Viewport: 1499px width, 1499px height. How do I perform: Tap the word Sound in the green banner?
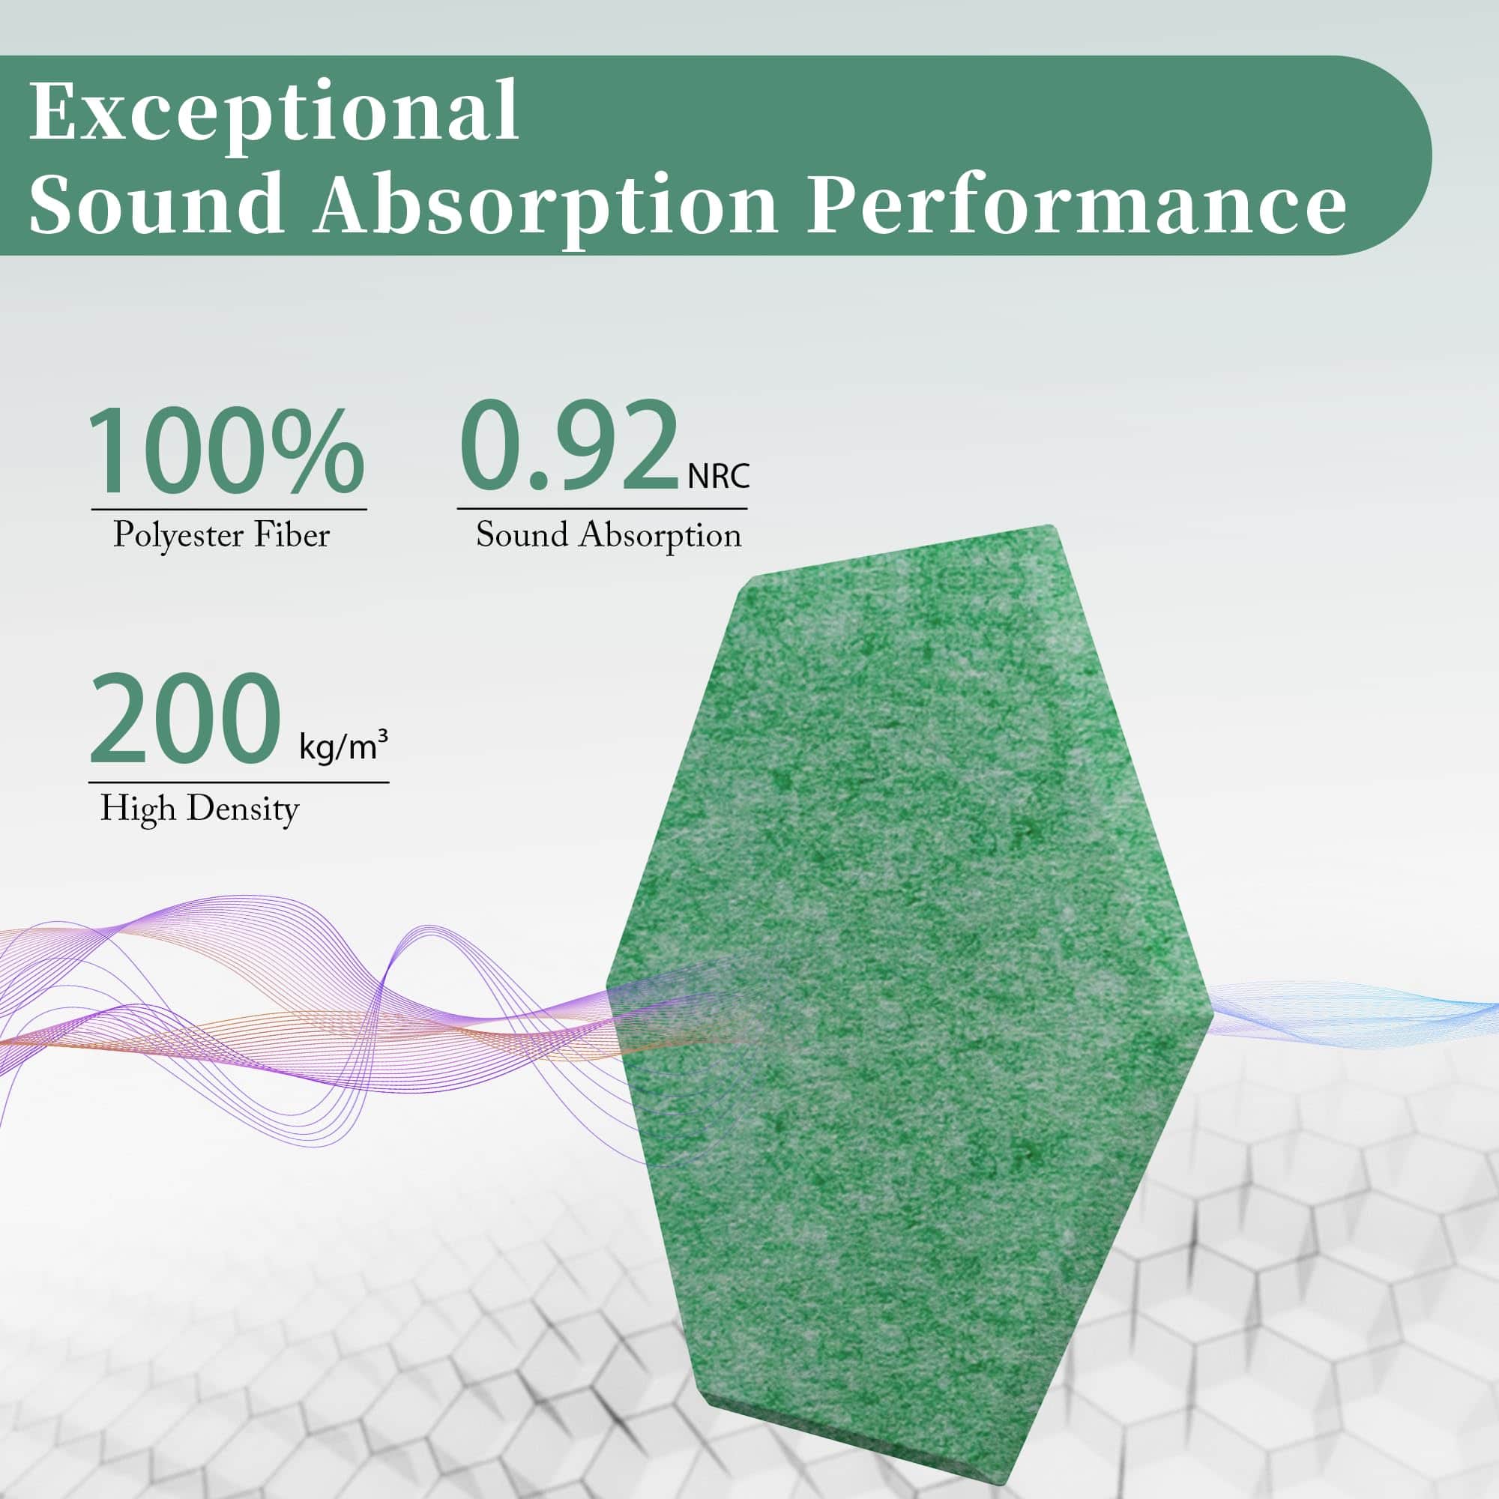click(x=157, y=203)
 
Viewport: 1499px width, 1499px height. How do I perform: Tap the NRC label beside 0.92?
click(x=719, y=476)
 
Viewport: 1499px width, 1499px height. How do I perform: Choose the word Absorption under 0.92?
click(x=660, y=536)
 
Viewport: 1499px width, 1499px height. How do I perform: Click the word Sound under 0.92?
click(x=522, y=534)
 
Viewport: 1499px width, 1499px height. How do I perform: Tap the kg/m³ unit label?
click(x=343, y=746)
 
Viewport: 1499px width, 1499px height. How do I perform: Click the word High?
click(x=138, y=809)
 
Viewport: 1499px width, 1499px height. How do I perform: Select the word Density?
click(x=243, y=809)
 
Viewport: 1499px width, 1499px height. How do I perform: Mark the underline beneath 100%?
click(x=229, y=510)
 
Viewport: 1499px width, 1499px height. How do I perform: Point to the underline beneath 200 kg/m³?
click(x=239, y=782)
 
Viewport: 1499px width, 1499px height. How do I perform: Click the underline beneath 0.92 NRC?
click(x=602, y=509)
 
